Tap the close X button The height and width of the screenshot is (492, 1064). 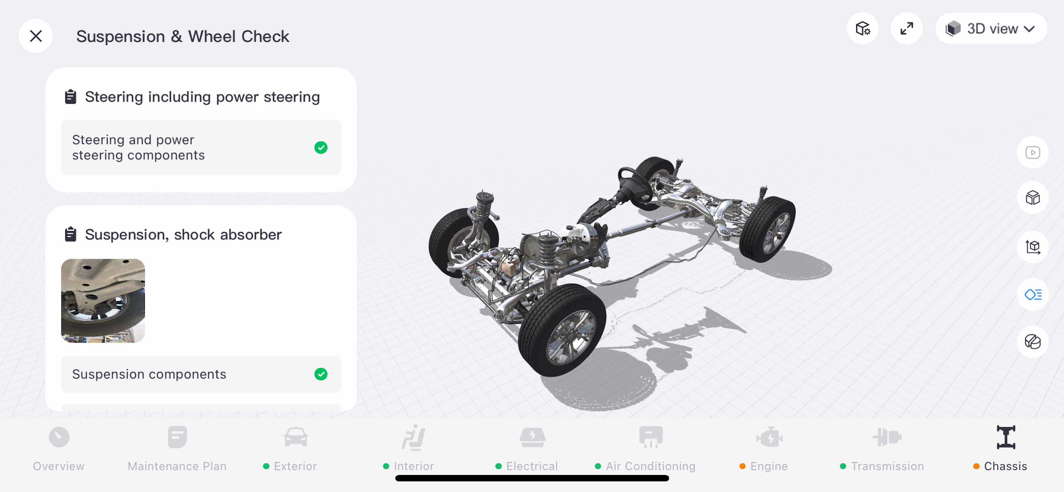(x=36, y=36)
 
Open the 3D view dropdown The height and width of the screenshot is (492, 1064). (x=991, y=29)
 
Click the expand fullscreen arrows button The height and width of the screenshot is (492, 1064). (x=906, y=29)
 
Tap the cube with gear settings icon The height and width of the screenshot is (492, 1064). (x=863, y=29)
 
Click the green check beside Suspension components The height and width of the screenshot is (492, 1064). (x=321, y=374)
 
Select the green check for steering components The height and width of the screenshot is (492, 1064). (x=321, y=148)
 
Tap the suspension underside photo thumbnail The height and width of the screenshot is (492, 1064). (x=103, y=301)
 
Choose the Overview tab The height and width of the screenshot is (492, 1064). (x=59, y=448)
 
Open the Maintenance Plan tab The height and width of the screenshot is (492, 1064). (x=177, y=448)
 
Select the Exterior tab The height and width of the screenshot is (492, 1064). (x=291, y=448)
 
